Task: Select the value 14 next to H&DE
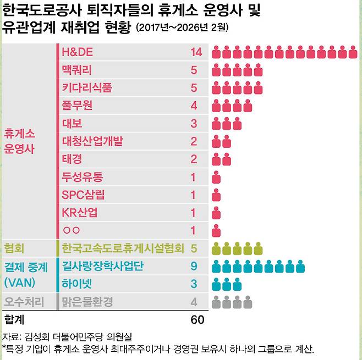(196, 53)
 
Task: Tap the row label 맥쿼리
(77, 70)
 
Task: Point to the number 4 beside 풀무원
(194, 106)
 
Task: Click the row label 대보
(72, 123)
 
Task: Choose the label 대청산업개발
(92, 141)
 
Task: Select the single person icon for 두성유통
(217, 177)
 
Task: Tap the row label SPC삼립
(83, 195)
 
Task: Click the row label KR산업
(80, 213)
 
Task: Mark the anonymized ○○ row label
(72, 230)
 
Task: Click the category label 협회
(14, 248)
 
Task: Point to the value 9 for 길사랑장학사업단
(194, 267)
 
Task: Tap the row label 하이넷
(78, 284)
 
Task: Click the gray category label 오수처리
(24, 302)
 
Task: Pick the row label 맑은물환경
(88, 302)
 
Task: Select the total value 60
(196, 319)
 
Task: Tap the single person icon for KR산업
(217, 213)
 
